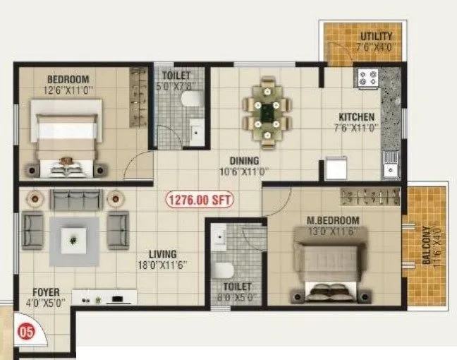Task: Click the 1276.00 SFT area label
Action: pos(200,200)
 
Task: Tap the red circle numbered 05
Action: pos(25,330)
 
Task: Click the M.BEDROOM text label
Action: pos(333,220)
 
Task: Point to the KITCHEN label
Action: pos(356,116)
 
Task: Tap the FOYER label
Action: pos(45,292)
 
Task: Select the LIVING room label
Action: pos(162,254)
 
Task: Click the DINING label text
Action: pos(243,160)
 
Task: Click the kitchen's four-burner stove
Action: pos(369,78)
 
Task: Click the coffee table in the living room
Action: pos(74,241)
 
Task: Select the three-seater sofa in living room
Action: pos(76,200)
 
